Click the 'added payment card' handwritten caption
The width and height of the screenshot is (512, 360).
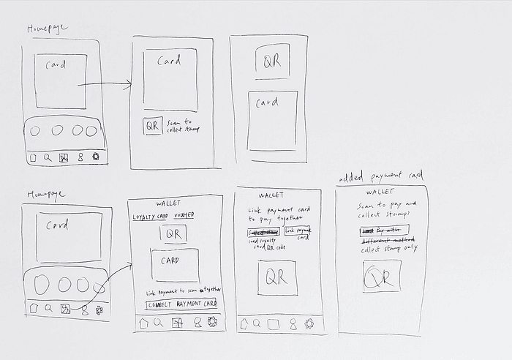[381, 177]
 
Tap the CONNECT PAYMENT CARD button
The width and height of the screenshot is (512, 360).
[181, 304]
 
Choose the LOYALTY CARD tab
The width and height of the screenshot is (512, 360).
[150, 217]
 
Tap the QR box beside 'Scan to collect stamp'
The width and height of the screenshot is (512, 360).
[153, 125]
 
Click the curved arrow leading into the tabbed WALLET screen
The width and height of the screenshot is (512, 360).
[110, 282]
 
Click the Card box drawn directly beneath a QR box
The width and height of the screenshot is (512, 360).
[273, 119]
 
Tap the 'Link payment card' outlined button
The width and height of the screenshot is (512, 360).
[298, 233]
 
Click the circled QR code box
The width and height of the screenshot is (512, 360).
[382, 277]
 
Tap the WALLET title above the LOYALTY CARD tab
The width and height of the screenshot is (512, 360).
[170, 203]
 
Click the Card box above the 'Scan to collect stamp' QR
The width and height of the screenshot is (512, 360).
[170, 79]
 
